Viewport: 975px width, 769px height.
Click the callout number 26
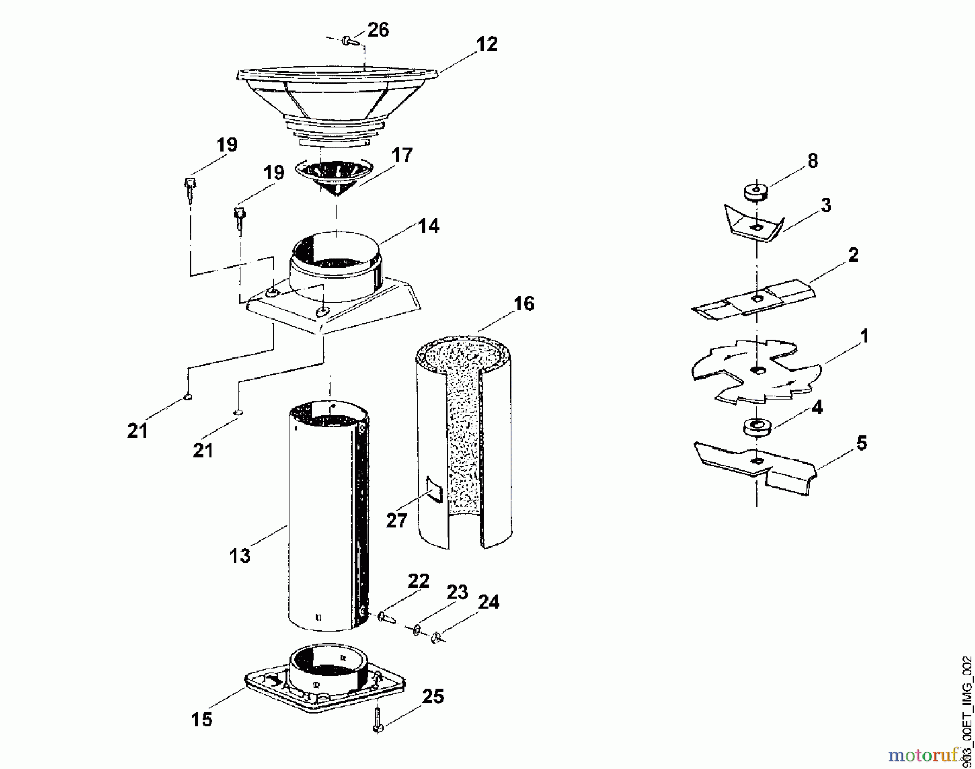378,30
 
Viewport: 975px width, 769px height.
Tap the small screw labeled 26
348,40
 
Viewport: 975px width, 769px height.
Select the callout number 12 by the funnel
486,44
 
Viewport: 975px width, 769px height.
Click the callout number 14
429,226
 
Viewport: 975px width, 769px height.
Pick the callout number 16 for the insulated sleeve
523,304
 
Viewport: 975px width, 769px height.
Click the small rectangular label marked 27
434,490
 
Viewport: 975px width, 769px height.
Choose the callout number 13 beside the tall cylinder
239,555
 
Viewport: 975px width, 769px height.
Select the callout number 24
489,602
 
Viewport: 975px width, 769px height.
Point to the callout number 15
201,719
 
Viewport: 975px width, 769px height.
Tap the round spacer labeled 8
756,193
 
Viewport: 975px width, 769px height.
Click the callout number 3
825,205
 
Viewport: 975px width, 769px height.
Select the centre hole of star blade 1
756,370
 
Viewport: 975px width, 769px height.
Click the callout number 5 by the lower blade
861,443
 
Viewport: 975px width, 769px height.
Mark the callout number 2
853,255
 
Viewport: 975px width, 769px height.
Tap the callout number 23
457,592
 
